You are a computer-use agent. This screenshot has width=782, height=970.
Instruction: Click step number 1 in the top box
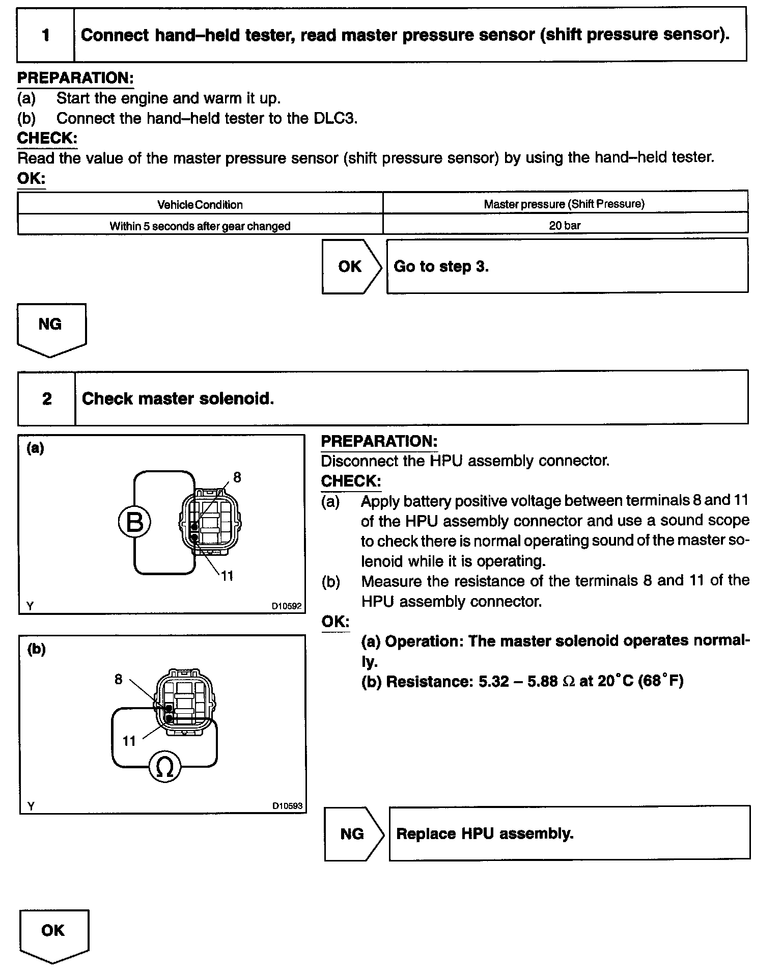[46, 35]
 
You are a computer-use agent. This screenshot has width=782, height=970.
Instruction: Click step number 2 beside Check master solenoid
[47, 398]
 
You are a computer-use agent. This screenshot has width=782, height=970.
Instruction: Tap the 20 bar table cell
[565, 225]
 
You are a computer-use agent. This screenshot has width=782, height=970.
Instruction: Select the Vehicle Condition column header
[200, 205]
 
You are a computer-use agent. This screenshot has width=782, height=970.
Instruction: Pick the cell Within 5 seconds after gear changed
[200, 226]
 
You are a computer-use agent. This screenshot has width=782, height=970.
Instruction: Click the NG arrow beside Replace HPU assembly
[353, 834]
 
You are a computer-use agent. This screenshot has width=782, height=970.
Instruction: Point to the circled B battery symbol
[134, 523]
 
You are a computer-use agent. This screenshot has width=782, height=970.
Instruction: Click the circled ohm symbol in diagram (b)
[165, 767]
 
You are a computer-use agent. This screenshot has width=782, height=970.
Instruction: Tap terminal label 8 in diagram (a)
[237, 477]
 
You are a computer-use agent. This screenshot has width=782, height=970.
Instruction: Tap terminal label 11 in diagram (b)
[129, 741]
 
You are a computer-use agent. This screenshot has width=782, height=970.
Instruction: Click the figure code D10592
[286, 606]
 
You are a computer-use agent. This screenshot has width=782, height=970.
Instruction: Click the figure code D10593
[287, 806]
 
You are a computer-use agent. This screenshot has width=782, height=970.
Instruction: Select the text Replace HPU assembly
[485, 834]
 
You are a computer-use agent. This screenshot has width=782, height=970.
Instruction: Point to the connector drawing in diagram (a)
[210, 522]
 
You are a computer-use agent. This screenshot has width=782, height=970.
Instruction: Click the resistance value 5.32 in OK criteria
[493, 682]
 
